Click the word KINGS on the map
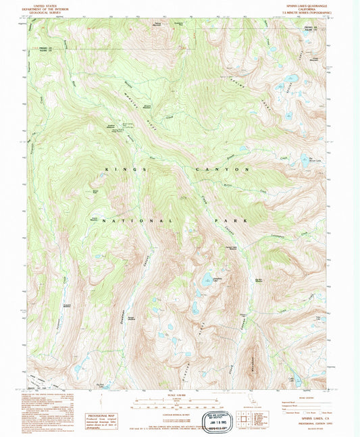coord(124,170)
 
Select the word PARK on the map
coord(238,220)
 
